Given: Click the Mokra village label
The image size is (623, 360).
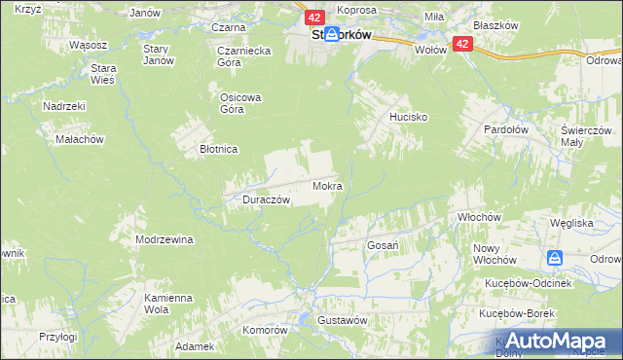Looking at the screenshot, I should [x=327, y=185].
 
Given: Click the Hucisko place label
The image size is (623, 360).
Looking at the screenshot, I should [x=410, y=117].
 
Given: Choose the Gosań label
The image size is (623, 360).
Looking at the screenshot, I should [x=383, y=245].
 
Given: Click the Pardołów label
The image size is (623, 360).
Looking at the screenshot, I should [x=506, y=128].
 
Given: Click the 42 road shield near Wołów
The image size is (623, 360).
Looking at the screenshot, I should [x=462, y=45].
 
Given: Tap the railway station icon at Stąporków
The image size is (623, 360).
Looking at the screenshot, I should [x=332, y=34].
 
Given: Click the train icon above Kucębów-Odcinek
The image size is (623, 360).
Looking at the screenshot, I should [x=555, y=258].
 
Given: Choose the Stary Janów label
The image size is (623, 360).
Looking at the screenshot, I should [x=158, y=54].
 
